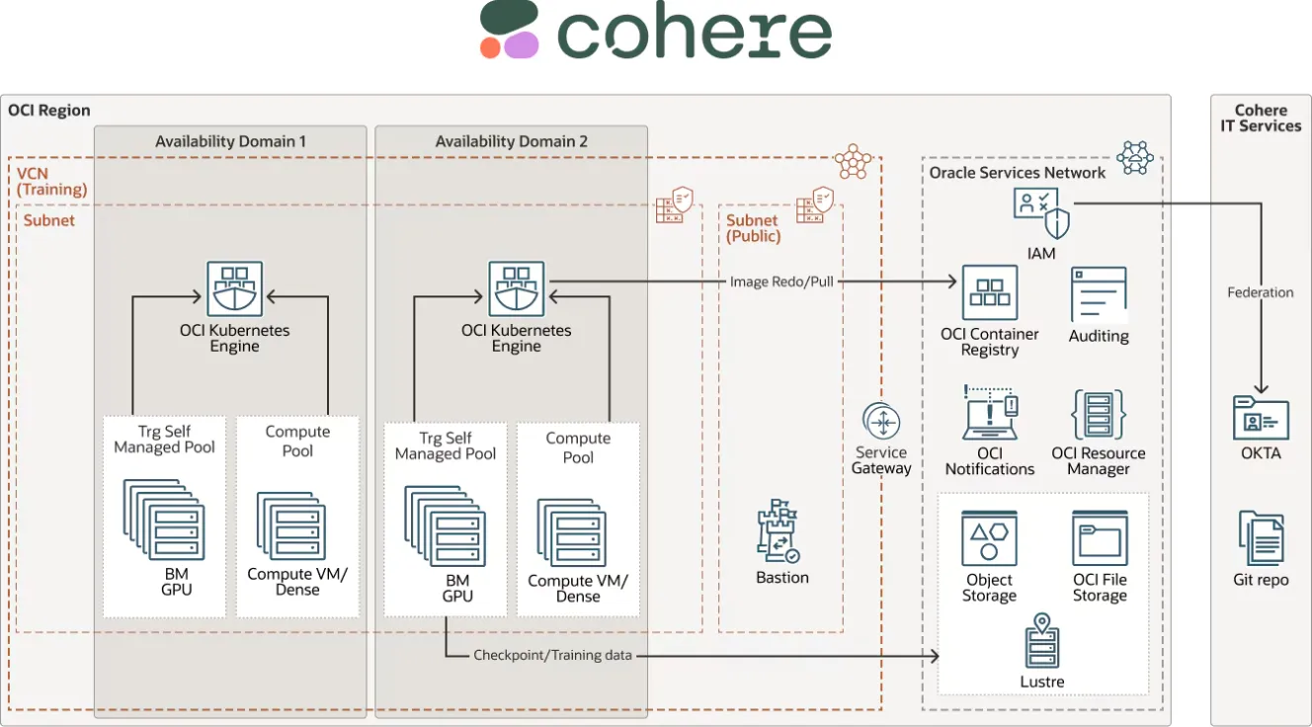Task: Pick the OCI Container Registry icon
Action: point(989,292)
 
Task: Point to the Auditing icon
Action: point(1099,294)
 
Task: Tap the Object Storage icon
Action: point(989,538)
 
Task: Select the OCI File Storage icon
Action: point(1100,538)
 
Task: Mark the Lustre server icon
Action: point(1041,641)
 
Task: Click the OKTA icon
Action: point(1261,418)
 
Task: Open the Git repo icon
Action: point(1261,539)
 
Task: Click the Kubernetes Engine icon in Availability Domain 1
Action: point(234,288)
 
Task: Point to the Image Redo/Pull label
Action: point(781,282)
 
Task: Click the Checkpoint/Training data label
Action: point(552,655)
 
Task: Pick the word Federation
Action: point(1260,292)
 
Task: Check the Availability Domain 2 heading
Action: point(511,141)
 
